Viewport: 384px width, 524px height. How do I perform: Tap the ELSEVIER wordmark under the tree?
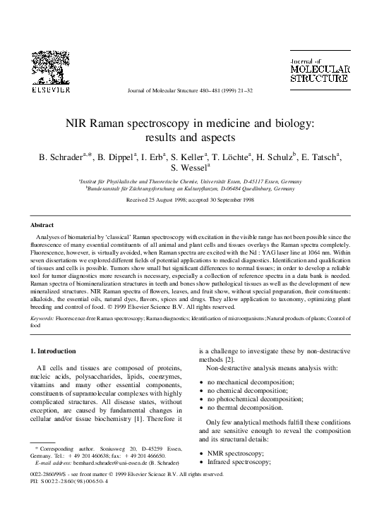point(49,90)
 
